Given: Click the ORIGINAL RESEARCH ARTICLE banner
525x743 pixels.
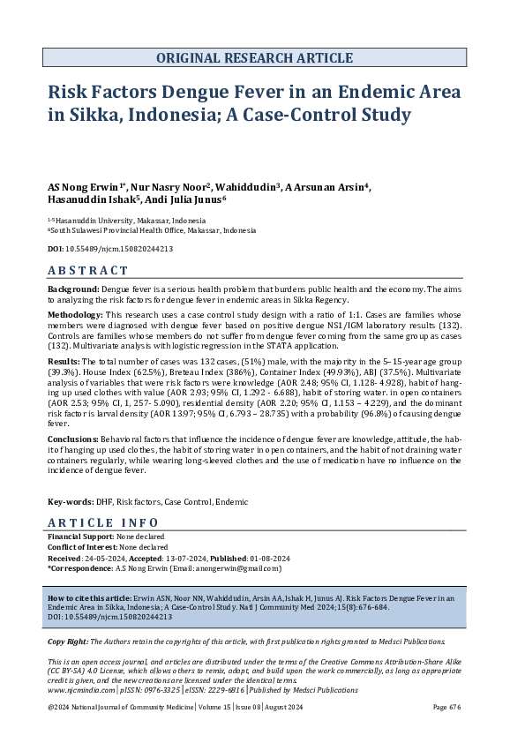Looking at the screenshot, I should coord(254,58).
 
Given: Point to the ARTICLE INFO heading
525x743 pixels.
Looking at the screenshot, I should coord(103,522).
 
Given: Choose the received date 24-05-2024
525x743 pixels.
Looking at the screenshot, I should coord(104,558).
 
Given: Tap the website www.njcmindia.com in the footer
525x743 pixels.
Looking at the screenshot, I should coord(79,692).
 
